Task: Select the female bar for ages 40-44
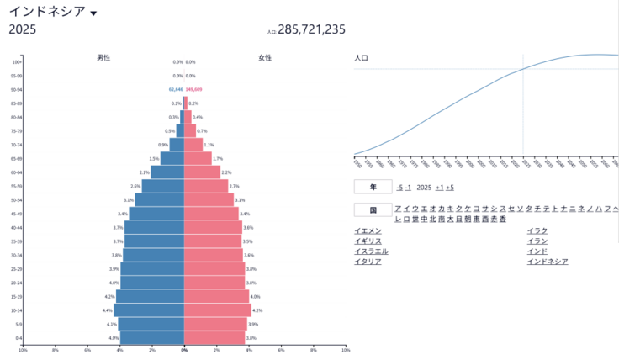213,228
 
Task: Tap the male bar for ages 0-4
152,338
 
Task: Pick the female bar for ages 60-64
202,172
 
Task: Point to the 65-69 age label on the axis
17,158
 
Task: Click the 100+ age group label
17,61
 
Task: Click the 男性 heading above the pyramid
103,57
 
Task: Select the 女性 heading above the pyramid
265,57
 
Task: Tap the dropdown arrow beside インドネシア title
93,13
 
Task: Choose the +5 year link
450,188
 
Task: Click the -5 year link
399,188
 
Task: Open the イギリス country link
368,241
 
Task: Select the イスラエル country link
371,251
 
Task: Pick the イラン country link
537,241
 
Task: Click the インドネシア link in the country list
547,261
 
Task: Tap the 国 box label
372,209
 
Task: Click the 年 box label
372,187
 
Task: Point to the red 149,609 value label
193,89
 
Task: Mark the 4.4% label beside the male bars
108,310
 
